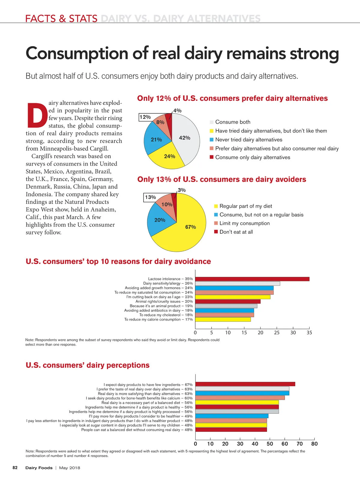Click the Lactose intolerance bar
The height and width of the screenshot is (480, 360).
[x=252, y=279]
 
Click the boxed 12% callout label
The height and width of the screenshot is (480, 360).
[x=145, y=117]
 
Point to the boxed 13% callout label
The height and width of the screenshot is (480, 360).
[x=150, y=197]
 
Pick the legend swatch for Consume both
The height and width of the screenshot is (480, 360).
[x=211, y=122]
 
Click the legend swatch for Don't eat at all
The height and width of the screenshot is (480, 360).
[x=216, y=232]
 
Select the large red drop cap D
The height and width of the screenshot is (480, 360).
[x=37, y=115]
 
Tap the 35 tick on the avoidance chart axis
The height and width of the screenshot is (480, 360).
[x=309, y=332]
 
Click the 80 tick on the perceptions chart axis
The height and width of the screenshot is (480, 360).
[x=314, y=444]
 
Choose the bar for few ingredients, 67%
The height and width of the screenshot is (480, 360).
[x=245, y=384]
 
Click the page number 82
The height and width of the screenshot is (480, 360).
[x=15, y=468]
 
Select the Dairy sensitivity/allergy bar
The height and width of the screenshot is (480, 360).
[x=237, y=283]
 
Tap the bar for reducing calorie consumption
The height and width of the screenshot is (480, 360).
[x=223, y=319]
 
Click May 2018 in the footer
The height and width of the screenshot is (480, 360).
[x=70, y=468]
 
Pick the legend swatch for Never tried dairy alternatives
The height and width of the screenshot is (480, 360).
[x=211, y=140]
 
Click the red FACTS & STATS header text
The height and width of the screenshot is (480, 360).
[x=61, y=19]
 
